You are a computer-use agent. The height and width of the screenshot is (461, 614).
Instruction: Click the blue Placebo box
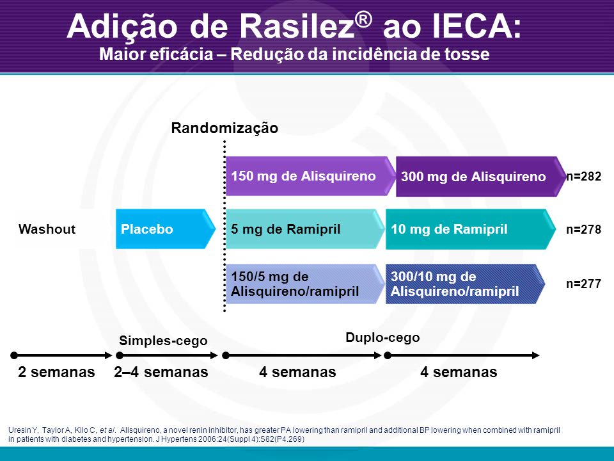[165, 229]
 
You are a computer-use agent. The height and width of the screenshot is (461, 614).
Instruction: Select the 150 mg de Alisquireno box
[311, 176]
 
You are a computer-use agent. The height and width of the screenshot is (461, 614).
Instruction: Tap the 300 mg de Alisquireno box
[481, 177]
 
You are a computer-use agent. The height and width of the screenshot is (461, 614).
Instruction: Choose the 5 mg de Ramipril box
[305, 229]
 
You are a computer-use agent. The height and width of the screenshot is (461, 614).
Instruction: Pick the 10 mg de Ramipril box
[471, 229]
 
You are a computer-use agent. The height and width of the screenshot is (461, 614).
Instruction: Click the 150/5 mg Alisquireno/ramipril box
[305, 284]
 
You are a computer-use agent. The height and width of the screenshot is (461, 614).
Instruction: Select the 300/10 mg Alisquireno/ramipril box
[465, 284]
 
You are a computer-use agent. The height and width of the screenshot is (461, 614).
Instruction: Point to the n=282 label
[583, 177]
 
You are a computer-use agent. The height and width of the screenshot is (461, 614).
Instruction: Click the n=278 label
[583, 229]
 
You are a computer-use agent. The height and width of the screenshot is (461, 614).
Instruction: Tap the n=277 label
[583, 284]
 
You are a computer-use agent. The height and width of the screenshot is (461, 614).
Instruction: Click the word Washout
[47, 229]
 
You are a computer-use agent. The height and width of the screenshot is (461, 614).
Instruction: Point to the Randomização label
[224, 128]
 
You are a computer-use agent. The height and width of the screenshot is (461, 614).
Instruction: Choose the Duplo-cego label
[382, 337]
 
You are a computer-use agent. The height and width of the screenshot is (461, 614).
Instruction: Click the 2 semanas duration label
[56, 372]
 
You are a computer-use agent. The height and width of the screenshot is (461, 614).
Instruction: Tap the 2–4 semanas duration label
[161, 372]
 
